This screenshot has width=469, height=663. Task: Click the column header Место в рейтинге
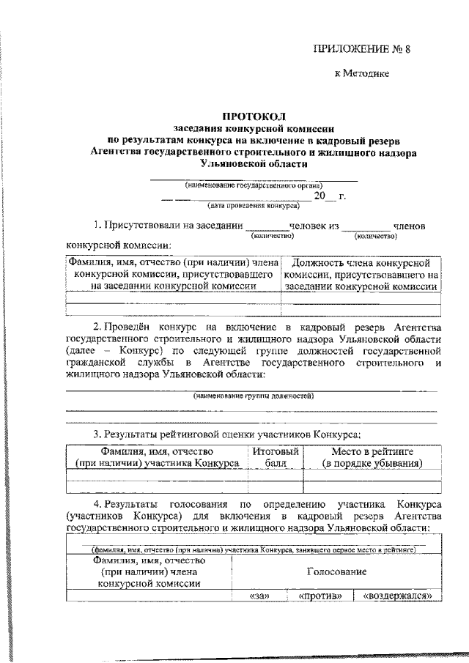click(x=374, y=458)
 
